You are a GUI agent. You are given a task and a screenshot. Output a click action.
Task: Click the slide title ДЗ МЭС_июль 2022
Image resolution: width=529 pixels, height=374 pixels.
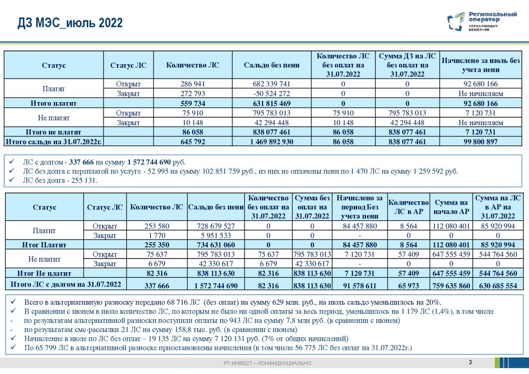[70, 23]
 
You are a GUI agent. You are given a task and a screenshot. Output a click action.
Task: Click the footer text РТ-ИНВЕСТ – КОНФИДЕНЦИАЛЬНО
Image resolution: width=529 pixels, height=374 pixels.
[264, 364]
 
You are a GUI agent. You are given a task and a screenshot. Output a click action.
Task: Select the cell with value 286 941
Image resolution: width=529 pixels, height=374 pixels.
[193, 84]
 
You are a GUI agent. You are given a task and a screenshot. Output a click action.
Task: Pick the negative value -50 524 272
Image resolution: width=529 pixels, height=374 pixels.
[272, 94]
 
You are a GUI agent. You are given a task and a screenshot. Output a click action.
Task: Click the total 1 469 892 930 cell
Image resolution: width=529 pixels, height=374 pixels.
[272, 142]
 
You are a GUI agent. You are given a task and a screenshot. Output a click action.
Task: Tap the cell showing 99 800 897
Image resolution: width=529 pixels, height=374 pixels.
[480, 142]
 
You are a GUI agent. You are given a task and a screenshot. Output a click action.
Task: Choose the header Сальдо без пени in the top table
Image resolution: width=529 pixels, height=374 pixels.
[272, 65]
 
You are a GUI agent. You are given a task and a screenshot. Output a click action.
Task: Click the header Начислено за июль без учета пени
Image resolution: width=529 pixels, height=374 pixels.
[480, 65]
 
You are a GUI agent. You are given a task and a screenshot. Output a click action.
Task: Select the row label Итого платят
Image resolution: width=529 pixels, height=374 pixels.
[54, 103]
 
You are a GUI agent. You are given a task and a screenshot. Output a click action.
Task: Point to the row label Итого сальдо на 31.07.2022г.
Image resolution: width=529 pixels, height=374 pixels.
[54, 142]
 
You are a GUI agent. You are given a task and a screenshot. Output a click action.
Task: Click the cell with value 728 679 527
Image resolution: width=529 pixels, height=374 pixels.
[216, 226]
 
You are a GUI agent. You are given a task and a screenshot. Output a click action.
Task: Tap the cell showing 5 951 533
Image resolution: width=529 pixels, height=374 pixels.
[216, 235]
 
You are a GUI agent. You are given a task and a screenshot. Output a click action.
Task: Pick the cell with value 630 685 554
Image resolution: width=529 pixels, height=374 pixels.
[496, 286]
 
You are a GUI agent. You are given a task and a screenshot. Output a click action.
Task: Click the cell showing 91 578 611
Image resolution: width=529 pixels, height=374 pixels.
[359, 286]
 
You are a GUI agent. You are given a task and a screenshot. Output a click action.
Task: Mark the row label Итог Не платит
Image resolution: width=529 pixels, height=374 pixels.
[44, 273]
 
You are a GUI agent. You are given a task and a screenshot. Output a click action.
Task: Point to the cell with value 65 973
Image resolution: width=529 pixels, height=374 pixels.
[409, 286]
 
